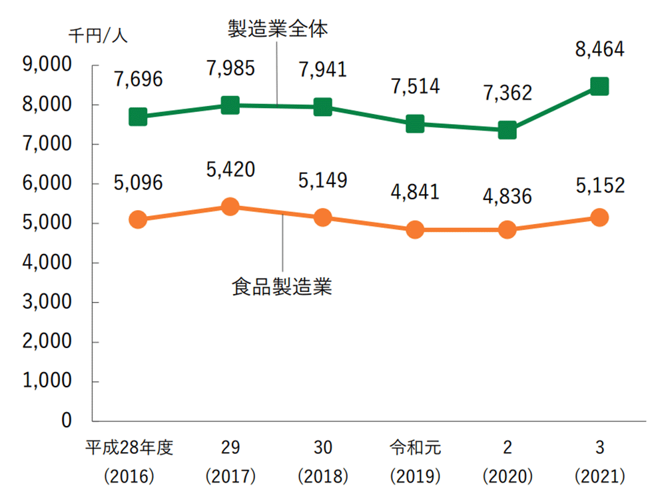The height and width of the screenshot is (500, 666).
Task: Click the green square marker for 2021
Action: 599,87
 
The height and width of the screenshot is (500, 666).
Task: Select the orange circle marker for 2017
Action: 230,207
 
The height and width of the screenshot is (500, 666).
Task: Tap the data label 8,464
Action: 599,49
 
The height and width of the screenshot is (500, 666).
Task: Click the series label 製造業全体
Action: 278,29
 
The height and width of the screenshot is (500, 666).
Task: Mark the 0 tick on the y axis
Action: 67,421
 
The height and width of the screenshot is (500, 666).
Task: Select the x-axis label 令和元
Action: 414,447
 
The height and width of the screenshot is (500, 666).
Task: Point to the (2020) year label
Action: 507,477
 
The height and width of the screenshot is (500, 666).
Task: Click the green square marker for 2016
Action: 138,117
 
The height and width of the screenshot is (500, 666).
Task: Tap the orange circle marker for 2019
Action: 414,230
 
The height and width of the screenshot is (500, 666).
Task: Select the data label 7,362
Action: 507,93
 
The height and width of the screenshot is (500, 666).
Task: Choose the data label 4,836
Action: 507,199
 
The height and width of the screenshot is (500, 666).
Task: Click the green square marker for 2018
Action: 322,107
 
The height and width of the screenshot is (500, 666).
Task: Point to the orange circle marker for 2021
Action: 599,217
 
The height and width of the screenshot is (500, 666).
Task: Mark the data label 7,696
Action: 138,79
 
